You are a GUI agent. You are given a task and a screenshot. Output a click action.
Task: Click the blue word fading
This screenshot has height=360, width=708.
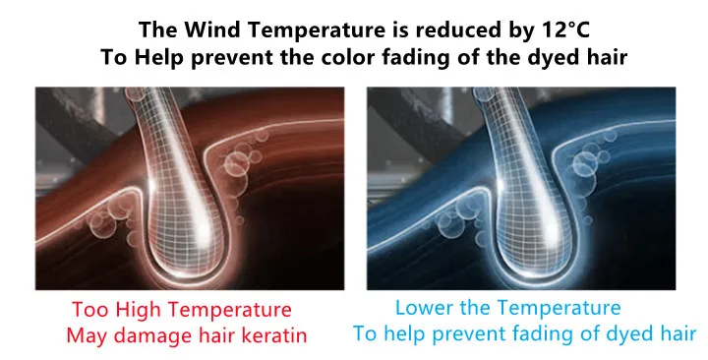(534, 334)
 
